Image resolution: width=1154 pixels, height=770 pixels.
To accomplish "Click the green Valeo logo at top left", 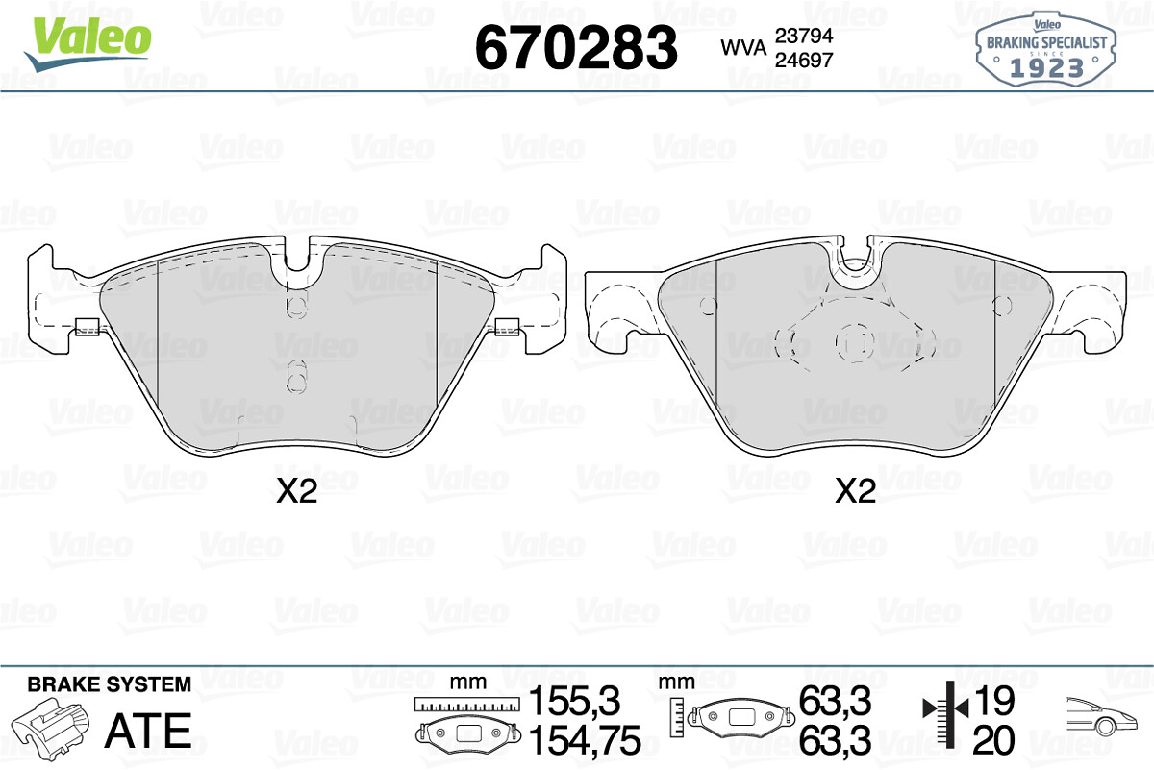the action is pyautogui.click(x=88, y=43).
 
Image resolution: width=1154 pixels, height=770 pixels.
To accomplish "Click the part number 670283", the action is pyautogui.click(x=576, y=48).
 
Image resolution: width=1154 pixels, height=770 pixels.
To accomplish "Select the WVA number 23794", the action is pyautogui.click(x=804, y=36).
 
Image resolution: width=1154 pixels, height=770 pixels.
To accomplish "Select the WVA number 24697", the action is pyautogui.click(x=804, y=61).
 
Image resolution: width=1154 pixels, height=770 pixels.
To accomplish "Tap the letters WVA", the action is pyautogui.click(x=743, y=48).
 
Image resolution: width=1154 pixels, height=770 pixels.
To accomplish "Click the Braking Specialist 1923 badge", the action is pyautogui.click(x=1046, y=49).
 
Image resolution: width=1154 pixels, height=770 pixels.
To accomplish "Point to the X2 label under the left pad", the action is pyautogui.click(x=296, y=491).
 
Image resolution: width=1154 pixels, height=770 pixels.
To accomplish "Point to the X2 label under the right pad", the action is pyautogui.click(x=855, y=491).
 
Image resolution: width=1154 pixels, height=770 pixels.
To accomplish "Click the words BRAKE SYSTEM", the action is pyautogui.click(x=110, y=684).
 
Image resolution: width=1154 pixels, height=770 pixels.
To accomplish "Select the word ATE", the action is pyautogui.click(x=148, y=731).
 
